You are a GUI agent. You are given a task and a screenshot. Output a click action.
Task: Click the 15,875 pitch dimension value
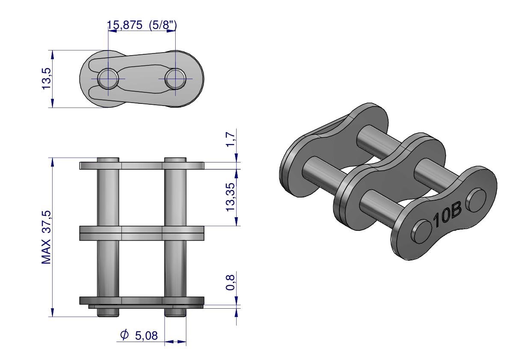coord(125,25)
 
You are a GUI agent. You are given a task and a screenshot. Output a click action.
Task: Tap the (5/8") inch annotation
coord(163,25)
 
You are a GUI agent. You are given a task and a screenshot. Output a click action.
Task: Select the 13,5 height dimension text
coord(47,79)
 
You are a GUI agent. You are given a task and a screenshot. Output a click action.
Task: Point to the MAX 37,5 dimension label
coord(46,237)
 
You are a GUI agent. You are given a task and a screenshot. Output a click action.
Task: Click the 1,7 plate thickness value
coord(230,139)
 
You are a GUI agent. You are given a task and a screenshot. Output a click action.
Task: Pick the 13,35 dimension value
coord(230,197)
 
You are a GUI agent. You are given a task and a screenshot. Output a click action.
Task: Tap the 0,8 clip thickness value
coord(230,282)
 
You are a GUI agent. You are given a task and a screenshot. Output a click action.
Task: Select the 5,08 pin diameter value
coord(146,336)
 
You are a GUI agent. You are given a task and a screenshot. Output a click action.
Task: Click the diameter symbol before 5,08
coord(124,335)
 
